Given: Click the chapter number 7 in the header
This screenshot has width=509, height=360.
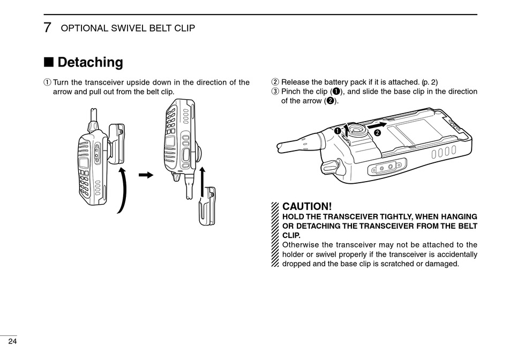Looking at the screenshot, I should [48, 27].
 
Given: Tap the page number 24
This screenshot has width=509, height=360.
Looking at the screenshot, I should [12, 341].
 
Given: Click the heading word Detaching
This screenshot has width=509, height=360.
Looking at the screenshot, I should [90, 62].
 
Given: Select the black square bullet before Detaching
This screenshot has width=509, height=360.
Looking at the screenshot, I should [49, 62].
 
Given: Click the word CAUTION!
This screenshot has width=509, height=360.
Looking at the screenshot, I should [307, 206].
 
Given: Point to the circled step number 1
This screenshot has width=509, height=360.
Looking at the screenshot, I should [47, 82].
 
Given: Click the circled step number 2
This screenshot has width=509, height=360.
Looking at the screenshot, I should [275, 82].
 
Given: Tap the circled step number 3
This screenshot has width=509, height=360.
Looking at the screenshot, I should [275, 92].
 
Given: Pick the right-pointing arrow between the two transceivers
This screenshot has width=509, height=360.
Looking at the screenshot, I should [146, 175].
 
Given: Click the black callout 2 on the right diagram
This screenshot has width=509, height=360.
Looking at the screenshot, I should [377, 133].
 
